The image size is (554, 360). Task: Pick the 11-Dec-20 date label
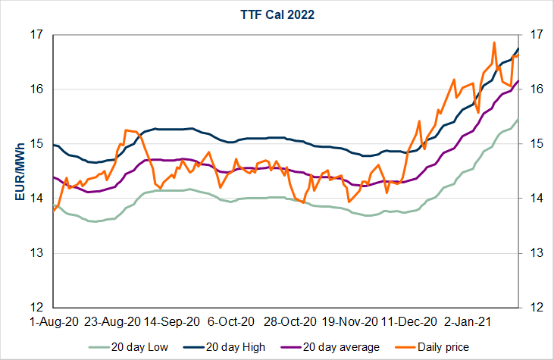tap(409, 321)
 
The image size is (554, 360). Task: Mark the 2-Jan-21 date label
tap(468, 321)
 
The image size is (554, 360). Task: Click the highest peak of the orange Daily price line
tap(494, 42)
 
